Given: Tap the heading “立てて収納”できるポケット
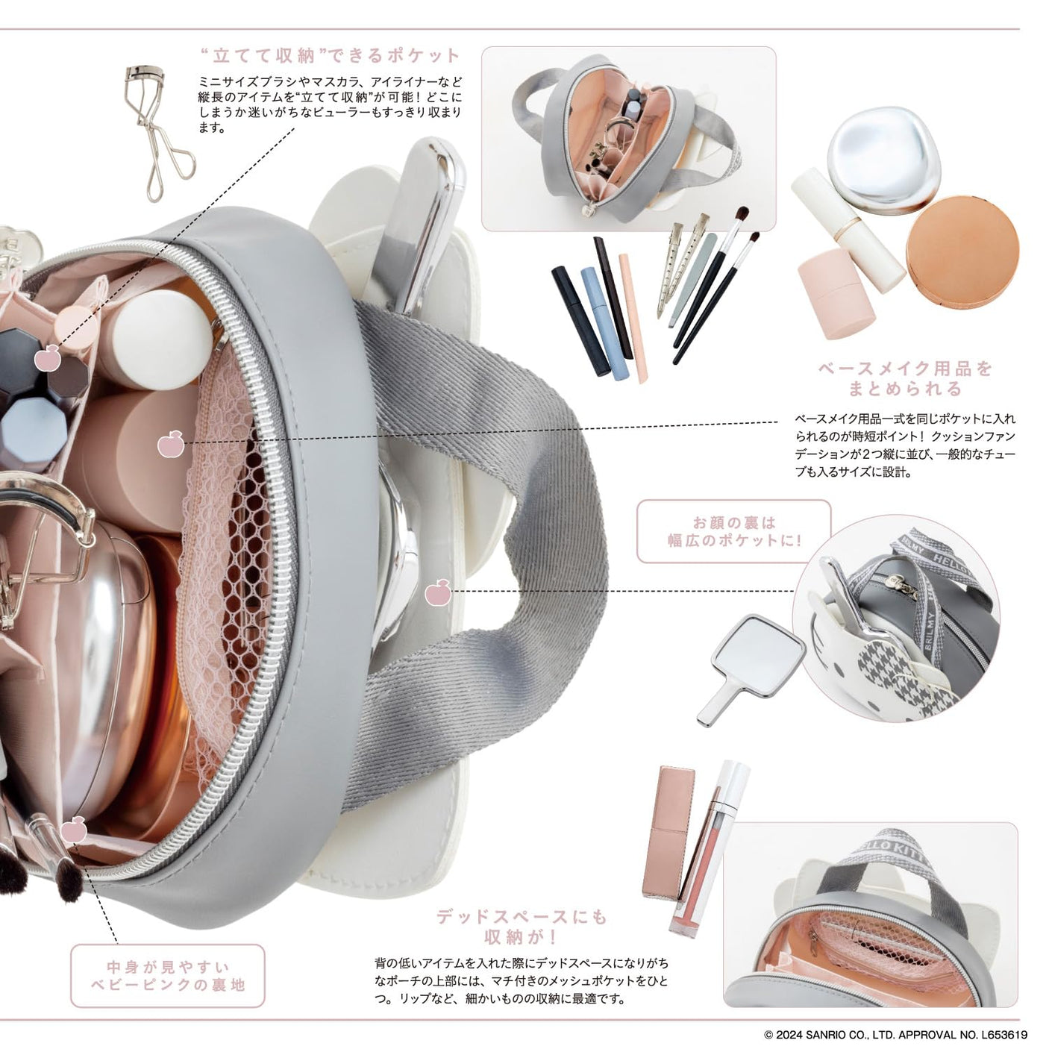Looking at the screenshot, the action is click(x=331, y=55).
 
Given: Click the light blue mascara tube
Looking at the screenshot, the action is click(x=604, y=322).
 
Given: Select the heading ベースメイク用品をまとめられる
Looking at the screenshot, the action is click(x=906, y=379).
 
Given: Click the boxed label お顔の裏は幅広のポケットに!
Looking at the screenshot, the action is click(x=734, y=531).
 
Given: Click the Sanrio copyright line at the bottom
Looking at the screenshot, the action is click(x=896, y=1036).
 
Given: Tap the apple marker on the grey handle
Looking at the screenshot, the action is click(x=438, y=592).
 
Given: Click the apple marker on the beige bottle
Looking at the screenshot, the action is click(x=171, y=443).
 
